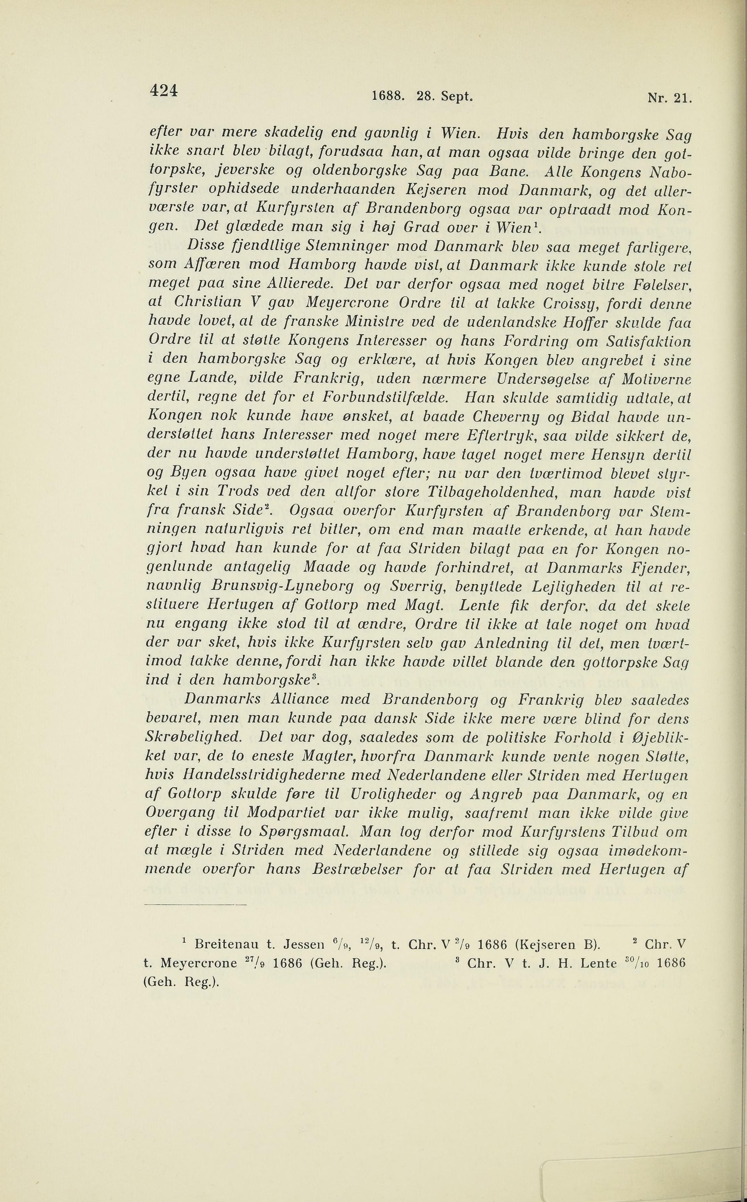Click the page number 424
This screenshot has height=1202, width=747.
point(164,91)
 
